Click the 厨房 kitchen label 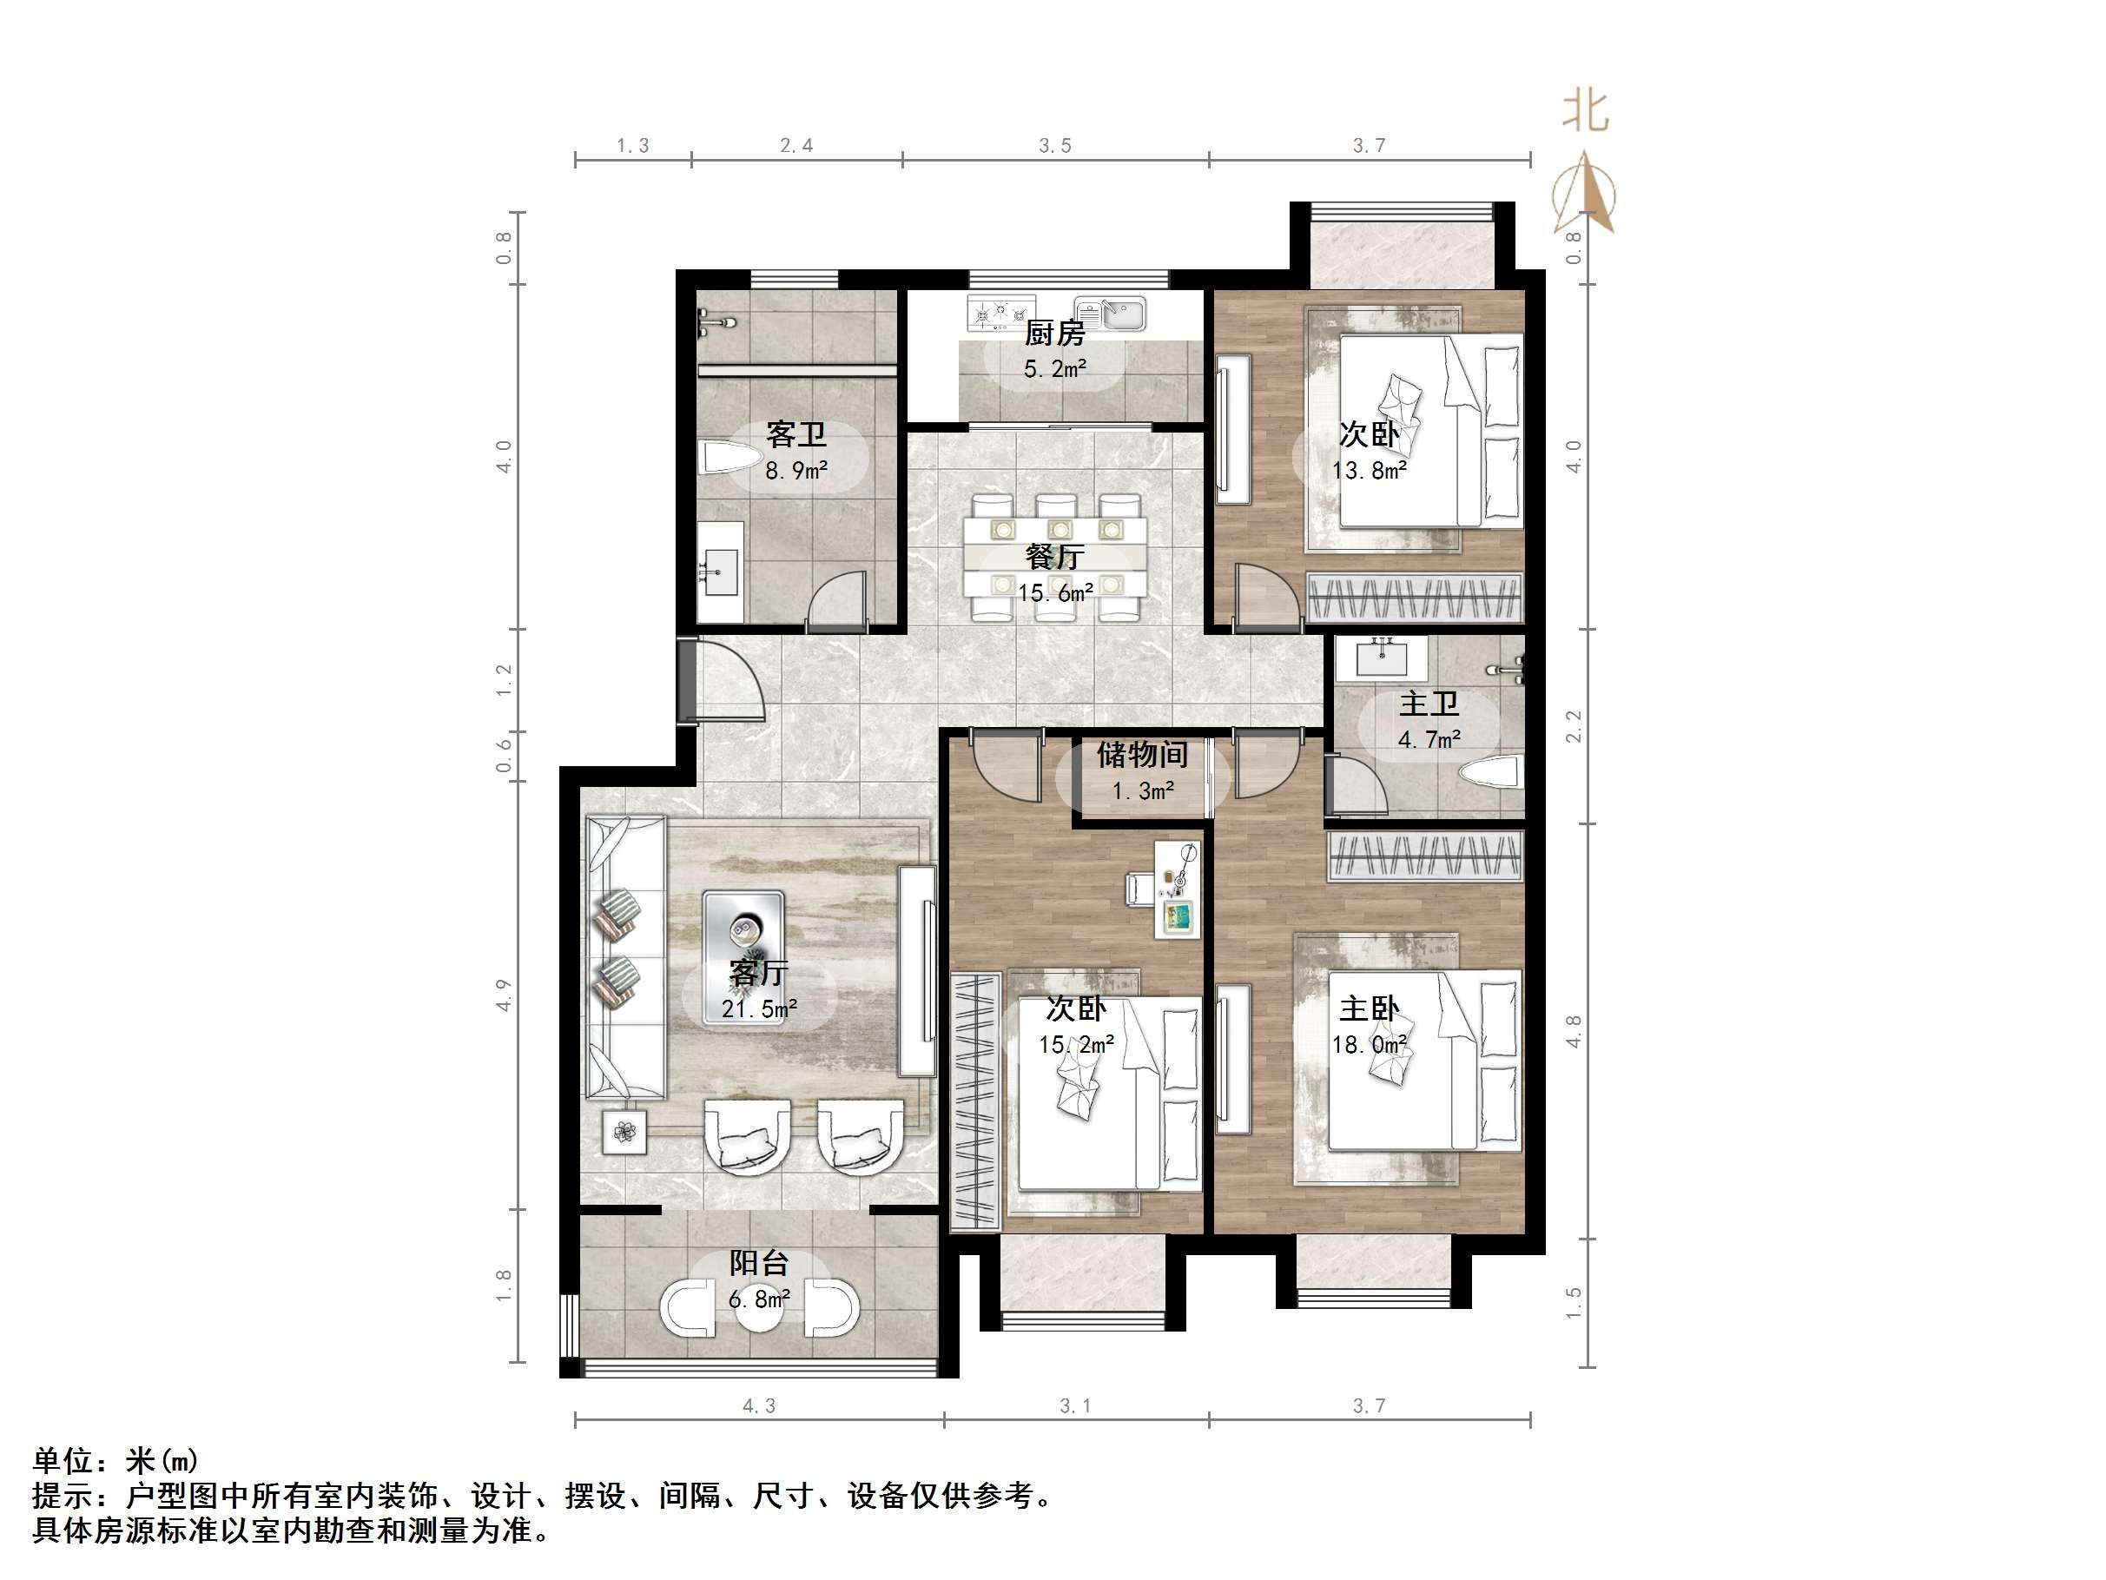tap(1054, 334)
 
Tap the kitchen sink tap(1110, 314)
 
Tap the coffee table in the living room tap(743, 958)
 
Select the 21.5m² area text tap(759, 1008)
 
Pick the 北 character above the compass tap(1585, 112)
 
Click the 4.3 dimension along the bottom tap(759, 1405)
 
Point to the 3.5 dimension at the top tap(1055, 146)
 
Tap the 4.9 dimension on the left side tap(504, 995)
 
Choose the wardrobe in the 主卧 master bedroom tap(1424, 856)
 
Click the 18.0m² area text tap(1369, 1045)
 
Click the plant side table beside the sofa tap(624, 1132)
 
